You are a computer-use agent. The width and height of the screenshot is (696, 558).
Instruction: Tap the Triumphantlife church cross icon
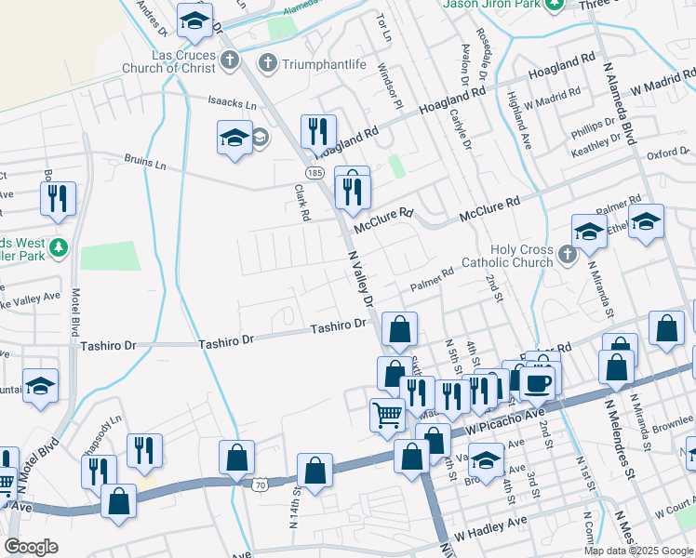point(267,64)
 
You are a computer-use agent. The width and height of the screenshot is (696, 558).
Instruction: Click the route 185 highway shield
point(314,173)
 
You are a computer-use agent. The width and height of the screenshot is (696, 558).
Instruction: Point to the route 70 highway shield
point(261,484)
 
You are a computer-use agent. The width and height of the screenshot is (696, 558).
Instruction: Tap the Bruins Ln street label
point(147,164)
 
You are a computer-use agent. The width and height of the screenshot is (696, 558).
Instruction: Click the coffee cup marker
point(539,382)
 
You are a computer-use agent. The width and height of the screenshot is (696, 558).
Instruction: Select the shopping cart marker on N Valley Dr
point(387,415)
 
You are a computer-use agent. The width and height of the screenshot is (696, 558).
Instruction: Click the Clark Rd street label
point(301,201)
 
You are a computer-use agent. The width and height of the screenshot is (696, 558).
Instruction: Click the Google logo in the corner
point(32,547)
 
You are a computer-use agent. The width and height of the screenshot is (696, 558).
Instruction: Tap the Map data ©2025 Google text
point(638,551)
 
